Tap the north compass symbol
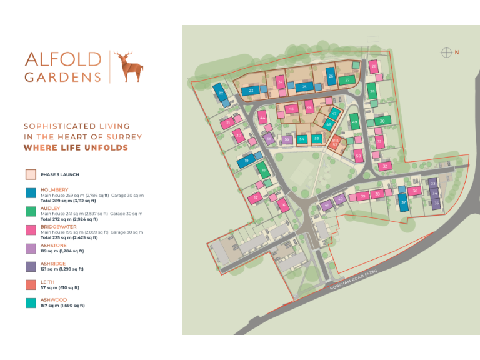click(446, 52)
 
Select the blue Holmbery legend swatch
click(30, 193)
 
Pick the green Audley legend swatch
click(30, 211)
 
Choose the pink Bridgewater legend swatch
click(30, 230)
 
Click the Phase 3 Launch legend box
click(30, 174)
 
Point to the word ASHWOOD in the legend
click(54, 300)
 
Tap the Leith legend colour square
click(30, 284)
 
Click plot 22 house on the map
click(221, 93)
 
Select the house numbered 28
click(374, 66)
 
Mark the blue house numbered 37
click(404, 202)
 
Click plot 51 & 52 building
click(336, 142)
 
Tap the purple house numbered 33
click(432, 184)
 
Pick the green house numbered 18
click(264, 170)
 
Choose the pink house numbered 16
click(283, 204)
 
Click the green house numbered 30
click(382, 121)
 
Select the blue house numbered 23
click(251, 91)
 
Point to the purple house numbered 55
click(286, 139)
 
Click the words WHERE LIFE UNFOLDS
click(76, 148)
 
